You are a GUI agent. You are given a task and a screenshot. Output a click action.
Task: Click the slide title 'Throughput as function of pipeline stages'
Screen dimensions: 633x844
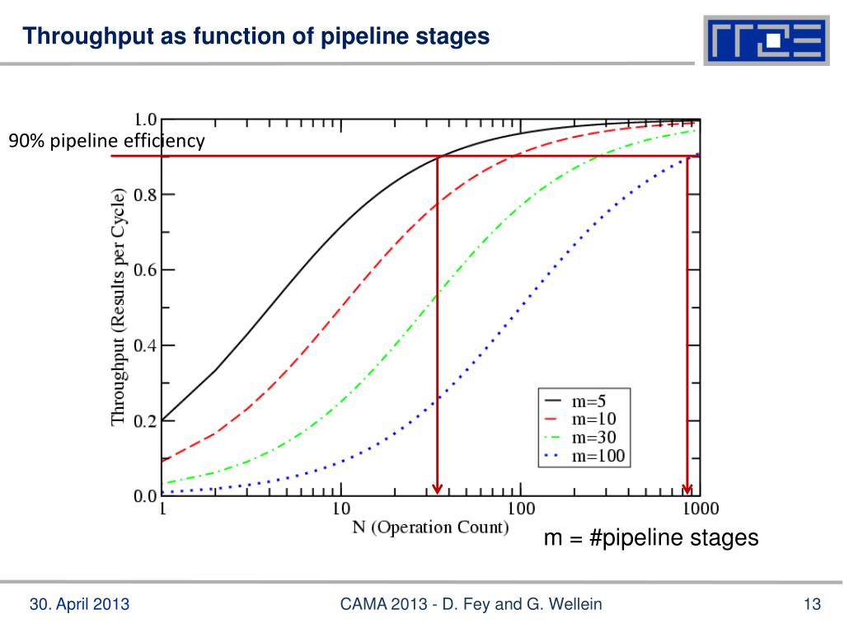pos(256,37)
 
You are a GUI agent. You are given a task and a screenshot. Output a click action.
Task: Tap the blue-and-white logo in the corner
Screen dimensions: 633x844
pos(766,40)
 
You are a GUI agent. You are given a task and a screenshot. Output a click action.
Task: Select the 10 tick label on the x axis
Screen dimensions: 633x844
pos(340,509)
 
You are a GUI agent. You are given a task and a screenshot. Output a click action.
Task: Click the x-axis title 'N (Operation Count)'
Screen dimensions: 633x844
pos(430,527)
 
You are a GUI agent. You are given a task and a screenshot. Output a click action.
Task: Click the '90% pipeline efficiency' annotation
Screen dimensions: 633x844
pos(106,142)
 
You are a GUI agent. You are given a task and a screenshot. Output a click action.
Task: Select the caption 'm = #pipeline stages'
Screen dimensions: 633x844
pos(650,538)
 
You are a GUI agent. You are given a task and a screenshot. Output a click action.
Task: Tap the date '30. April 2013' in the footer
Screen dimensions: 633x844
pos(79,605)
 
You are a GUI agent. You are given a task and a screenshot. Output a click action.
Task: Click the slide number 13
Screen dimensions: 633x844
pos(813,605)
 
